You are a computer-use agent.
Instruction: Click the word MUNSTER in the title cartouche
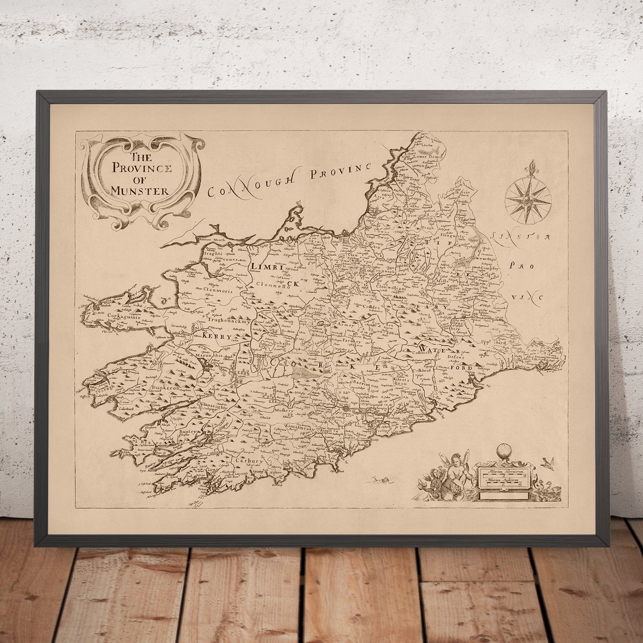139,190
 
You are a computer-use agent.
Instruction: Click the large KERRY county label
218,337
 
